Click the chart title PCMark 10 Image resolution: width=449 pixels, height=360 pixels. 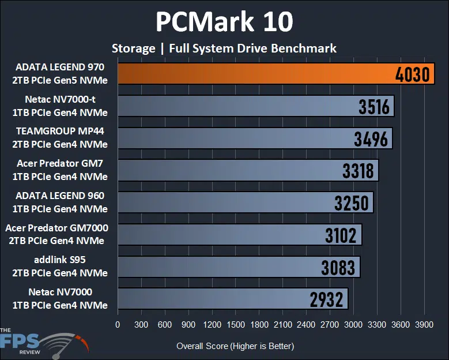click(x=224, y=22)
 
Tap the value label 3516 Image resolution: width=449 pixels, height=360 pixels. click(x=374, y=107)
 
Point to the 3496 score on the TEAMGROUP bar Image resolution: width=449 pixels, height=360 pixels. click(x=372, y=139)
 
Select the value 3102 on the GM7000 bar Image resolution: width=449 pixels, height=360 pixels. click(x=342, y=235)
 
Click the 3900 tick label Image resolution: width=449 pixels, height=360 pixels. click(x=424, y=324)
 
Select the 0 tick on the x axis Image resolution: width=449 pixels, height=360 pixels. click(x=118, y=324)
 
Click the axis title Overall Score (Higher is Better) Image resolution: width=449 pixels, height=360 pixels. click(x=235, y=346)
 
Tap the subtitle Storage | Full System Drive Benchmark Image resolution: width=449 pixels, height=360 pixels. click(x=224, y=48)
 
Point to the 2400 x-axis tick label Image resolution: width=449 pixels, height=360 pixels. click(x=306, y=324)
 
